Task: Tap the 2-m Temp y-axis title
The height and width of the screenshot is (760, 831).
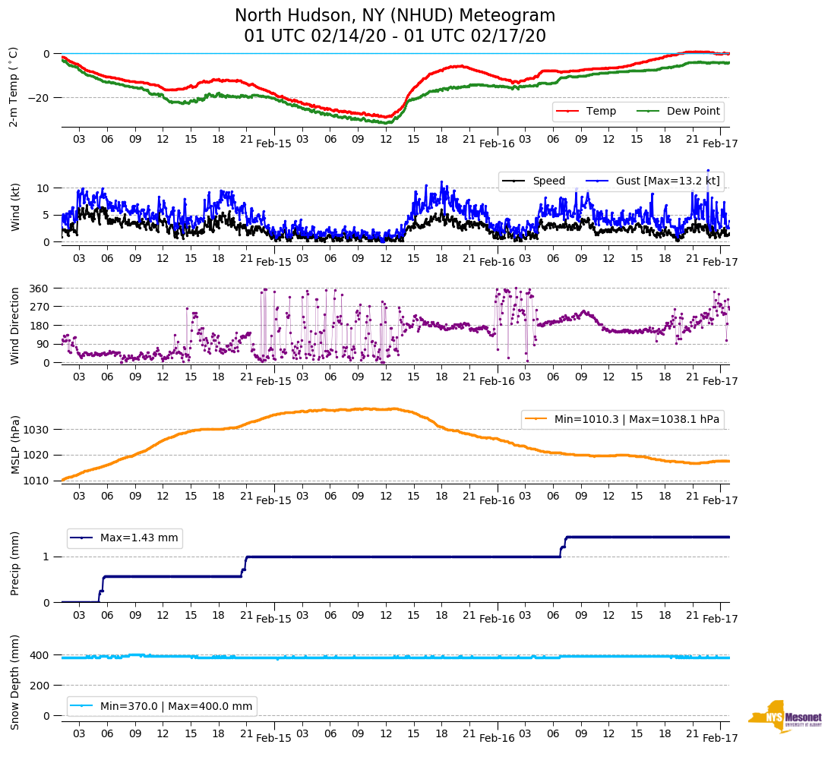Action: (13, 86)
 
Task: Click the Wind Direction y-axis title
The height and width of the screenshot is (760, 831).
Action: (14, 326)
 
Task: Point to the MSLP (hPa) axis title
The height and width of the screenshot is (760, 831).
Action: (14, 444)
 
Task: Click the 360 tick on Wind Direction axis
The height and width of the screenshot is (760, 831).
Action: (39, 289)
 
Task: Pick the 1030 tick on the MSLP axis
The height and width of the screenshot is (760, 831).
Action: (36, 430)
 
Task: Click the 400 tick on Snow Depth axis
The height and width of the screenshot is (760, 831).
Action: (39, 655)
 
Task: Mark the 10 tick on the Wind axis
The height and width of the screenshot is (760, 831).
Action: (44, 188)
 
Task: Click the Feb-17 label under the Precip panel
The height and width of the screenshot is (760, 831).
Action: (719, 619)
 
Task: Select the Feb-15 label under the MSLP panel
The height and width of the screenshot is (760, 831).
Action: (273, 500)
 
